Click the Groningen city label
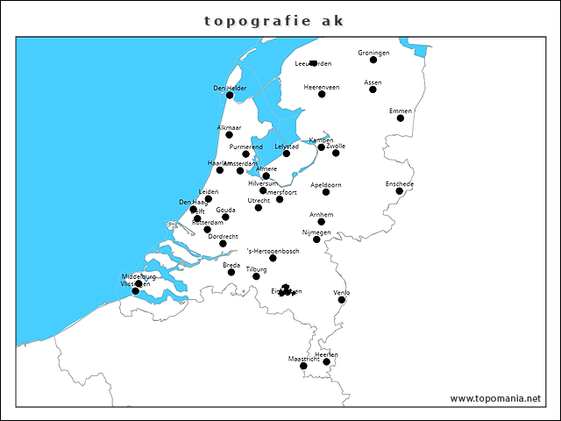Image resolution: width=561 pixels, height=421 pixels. click(x=373, y=53)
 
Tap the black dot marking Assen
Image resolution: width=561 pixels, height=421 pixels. click(x=373, y=89)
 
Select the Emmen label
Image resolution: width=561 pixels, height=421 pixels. click(x=401, y=111)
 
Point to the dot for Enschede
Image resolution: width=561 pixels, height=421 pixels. click(x=399, y=191)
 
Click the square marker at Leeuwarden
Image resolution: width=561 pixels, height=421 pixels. click(x=313, y=63)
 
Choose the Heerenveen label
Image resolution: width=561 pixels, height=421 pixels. click(x=322, y=87)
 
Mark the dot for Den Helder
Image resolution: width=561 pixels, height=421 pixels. click(x=230, y=95)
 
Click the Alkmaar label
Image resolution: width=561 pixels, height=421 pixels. click(x=229, y=128)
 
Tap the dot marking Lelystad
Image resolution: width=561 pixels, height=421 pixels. click(x=287, y=153)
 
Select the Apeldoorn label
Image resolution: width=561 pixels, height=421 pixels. click(x=326, y=185)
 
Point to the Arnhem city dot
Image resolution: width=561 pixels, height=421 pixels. click(x=322, y=222)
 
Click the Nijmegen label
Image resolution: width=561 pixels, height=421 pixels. click(x=316, y=232)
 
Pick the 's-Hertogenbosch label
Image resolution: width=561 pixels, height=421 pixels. click(x=273, y=251)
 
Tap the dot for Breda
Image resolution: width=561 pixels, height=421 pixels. click(x=231, y=272)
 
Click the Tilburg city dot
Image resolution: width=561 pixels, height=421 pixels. click(x=256, y=276)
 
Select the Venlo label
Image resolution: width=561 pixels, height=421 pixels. click(x=342, y=292)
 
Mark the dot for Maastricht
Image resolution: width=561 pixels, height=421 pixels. click(x=303, y=366)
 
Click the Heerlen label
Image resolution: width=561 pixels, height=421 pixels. click(x=326, y=354)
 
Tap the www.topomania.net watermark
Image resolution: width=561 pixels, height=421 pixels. click(x=495, y=398)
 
